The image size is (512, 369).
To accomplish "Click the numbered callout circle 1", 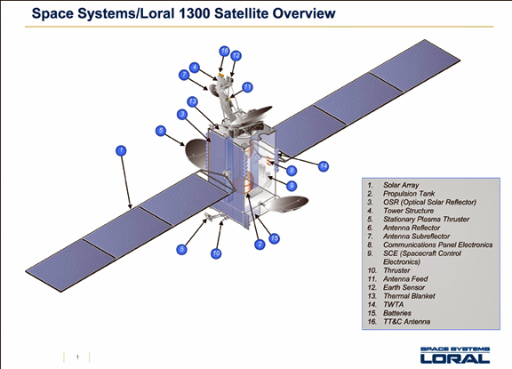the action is click(x=121, y=150).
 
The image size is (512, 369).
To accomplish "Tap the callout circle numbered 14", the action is click(x=324, y=166).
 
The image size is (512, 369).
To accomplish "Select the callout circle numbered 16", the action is click(x=224, y=52).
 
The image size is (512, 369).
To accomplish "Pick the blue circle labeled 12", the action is click(x=236, y=56).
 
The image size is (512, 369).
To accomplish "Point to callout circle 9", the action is click(x=292, y=186).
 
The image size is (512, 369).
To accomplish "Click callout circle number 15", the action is click(x=275, y=238).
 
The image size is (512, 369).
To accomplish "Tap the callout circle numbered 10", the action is click(x=216, y=253).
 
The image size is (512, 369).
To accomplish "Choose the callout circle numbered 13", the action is click(x=192, y=102).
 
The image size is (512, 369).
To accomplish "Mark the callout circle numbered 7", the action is click(x=184, y=75).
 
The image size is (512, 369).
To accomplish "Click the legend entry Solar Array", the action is click(x=401, y=185).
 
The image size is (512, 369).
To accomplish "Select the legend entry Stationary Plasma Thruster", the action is click(x=426, y=219).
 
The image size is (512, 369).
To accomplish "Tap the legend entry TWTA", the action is click(x=394, y=304).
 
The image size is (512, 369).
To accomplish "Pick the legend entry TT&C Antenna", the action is click(x=406, y=322).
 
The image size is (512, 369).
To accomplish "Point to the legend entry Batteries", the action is click(x=397, y=313).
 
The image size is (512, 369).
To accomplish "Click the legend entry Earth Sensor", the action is click(x=404, y=287).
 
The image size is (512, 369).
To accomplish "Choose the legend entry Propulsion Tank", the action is click(x=409, y=194).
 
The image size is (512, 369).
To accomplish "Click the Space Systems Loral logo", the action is click(x=455, y=355).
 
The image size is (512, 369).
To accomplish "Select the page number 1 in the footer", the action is click(x=77, y=357).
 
